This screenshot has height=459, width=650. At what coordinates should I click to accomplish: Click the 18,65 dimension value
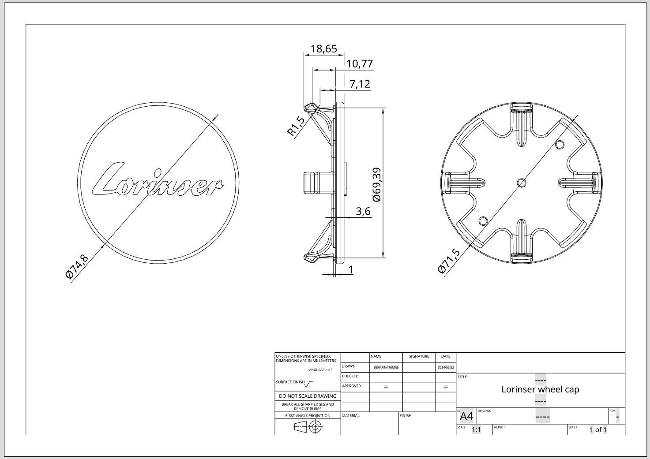[324, 49]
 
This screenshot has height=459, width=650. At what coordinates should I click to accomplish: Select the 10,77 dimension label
[360, 64]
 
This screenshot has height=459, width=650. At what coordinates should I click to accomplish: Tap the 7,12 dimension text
[360, 84]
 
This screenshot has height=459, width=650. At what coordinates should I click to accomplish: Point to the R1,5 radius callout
[296, 126]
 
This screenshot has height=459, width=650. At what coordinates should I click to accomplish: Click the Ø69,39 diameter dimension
[376, 185]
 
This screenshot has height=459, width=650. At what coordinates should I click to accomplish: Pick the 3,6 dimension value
[363, 211]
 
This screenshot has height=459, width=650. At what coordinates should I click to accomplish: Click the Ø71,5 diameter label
[449, 261]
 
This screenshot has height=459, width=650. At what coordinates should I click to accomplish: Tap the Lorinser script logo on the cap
[157, 181]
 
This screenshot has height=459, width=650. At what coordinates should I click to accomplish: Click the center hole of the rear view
[521, 183]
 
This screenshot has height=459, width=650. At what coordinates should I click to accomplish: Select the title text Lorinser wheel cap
[540, 389]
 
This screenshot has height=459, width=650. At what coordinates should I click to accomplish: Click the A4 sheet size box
[466, 416]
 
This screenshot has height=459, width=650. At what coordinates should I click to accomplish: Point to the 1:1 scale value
[476, 429]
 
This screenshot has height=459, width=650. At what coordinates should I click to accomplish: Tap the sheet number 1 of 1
[598, 429]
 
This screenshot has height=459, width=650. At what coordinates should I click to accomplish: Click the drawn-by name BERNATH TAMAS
[386, 367]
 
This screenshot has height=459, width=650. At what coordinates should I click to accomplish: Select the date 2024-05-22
[446, 367]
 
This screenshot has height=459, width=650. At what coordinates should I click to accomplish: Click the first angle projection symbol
[308, 426]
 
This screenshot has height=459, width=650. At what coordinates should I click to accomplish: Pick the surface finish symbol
[309, 384]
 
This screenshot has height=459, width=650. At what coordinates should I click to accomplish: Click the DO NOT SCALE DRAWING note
[308, 396]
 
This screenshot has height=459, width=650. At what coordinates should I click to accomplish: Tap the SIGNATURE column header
[419, 356]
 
